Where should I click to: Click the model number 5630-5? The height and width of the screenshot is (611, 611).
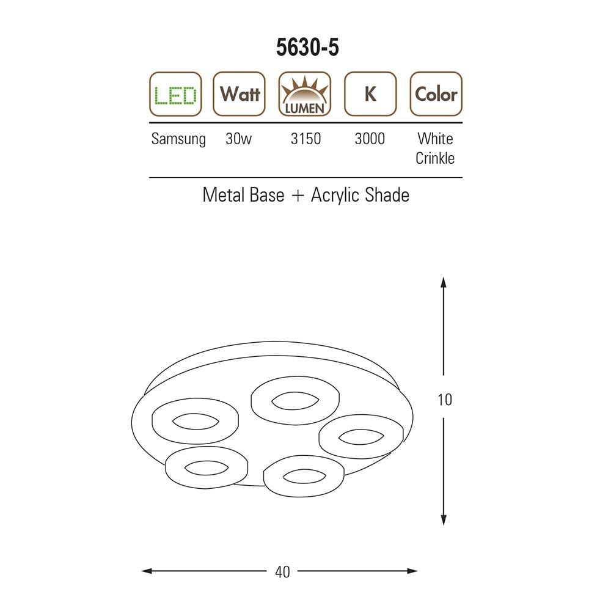point(307,48)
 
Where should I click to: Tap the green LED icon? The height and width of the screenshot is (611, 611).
point(175,94)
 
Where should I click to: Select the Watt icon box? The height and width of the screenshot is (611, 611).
point(240,94)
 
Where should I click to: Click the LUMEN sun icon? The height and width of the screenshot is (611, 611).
point(305,94)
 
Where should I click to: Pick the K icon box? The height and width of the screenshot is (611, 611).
point(370,94)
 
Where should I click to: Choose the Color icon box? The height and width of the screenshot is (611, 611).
point(436,94)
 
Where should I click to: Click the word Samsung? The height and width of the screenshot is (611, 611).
point(178,139)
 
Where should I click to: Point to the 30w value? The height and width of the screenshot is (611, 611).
point(238,139)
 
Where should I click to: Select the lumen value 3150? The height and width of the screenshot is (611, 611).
point(306,139)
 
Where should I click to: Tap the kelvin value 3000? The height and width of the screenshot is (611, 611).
point(370,139)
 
